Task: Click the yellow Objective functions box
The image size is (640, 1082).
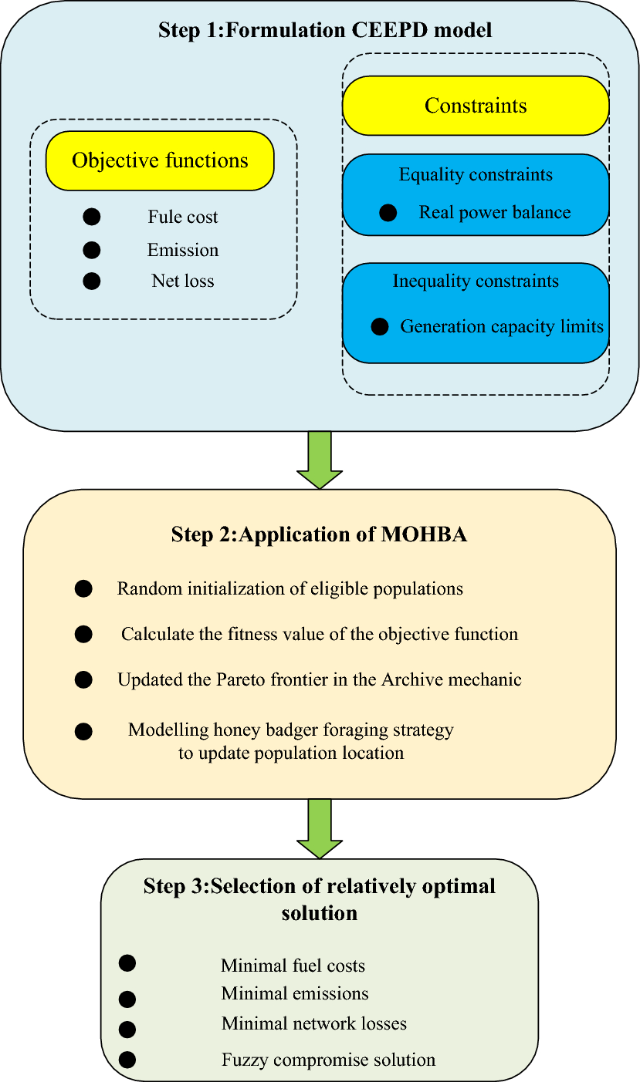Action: pyautogui.click(x=160, y=160)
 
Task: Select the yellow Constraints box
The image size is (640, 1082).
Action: pyautogui.click(x=476, y=106)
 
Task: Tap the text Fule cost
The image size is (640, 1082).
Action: pyautogui.click(x=183, y=217)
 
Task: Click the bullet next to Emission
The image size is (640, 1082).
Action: pyautogui.click(x=92, y=250)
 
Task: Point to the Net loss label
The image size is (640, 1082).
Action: pyautogui.click(x=183, y=281)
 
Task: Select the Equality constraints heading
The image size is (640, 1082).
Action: pyautogui.click(x=476, y=175)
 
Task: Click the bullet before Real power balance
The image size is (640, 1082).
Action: pyautogui.click(x=389, y=213)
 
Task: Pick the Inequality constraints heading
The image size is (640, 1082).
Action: pyautogui.click(x=476, y=281)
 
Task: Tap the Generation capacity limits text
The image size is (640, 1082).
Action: pyautogui.click(x=502, y=327)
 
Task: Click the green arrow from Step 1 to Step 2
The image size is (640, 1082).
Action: pyautogui.click(x=319, y=460)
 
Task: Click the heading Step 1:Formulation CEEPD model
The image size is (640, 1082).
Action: pyautogui.click(x=325, y=31)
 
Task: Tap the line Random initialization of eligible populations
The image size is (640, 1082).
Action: pyautogui.click(x=290, y=589)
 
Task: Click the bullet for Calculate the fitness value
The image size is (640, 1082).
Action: pyautogui.click(x=83, y=635)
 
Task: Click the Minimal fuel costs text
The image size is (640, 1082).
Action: pyautogui.click(x=293, y=966)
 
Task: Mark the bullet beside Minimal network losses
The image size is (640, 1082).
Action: pyautogui.click(x=127, y=1029)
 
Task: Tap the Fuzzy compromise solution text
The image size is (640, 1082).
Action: pyautogui.click(x=328, y=1060)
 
